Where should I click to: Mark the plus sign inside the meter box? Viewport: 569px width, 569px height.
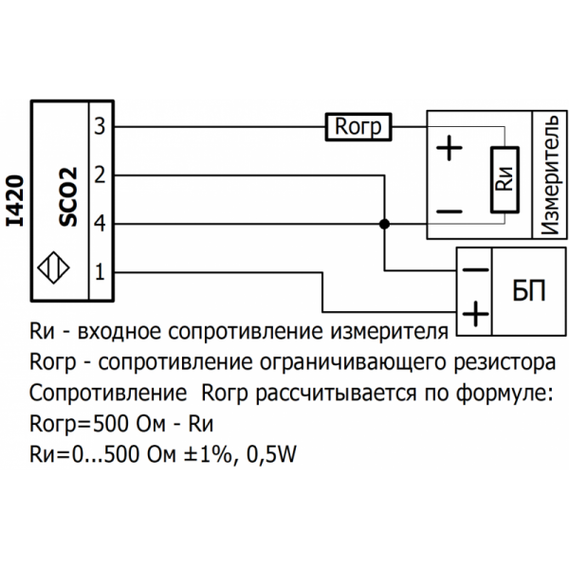tap(450, 149)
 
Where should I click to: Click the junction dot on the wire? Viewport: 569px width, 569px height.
tap(384, 225)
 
